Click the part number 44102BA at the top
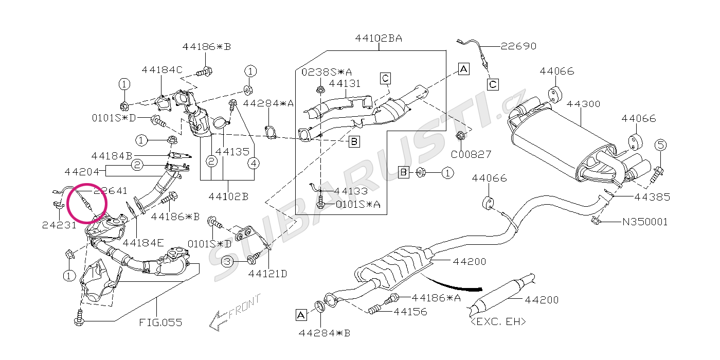pyautogui.click(x=378, y=39)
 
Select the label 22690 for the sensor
pyautogui.click(x=518, y=46)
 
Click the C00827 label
pyautogui.click(x=471, y=154)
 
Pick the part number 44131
pyautogui.click(x=345, y=83)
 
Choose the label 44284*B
pyautogui.click(x=324, y=333)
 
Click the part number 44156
pyautogui.click(x=410, y=311)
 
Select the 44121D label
pyautogui.click(x=267, y=274)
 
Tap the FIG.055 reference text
pyautogui.click(x=160, y=323)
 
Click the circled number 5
pyautogui.click(x=661, y=145)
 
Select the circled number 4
pyautogui.click(x=254, y=164)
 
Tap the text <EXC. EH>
pyautogui.click(x=498, y=322)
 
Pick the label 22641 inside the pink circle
pyautogui.click(x=110, y=191)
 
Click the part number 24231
pyautogui.click(x=60, y=225)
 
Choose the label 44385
pyautogui.click(x=652, y=196)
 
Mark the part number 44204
pyautogui.click(x=82, y=171)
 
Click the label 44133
pyautogui.click(x=351, y=191)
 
